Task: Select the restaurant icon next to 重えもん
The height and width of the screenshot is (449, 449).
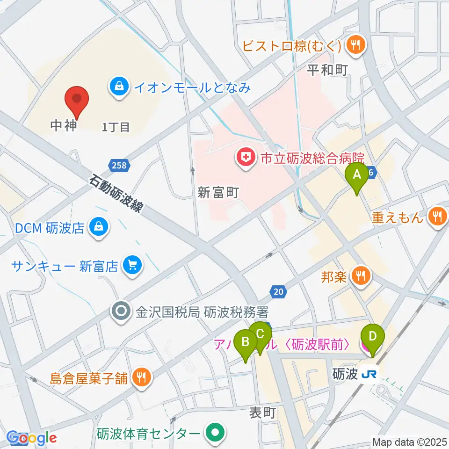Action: coord(437,217)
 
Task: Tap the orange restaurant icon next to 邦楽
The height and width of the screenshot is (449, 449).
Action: coord(361,276)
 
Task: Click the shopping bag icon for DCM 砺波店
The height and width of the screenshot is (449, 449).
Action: coord(99,228)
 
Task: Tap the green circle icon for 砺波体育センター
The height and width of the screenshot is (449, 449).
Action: coord(215,432)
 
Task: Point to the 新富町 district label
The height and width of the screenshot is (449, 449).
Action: coord(218,193)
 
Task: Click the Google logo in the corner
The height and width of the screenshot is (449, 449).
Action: coord(32,438)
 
